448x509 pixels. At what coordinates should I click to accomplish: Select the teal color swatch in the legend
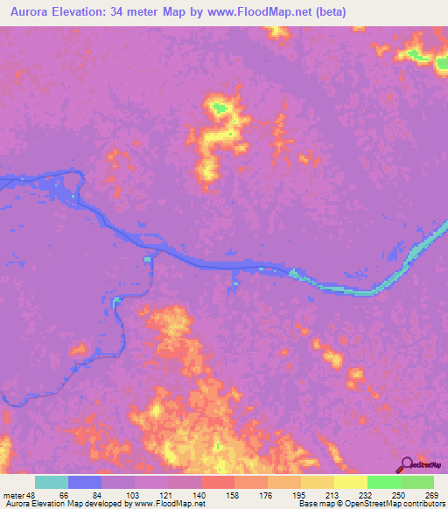(52, 483)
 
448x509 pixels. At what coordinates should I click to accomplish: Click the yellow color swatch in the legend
(350, 483)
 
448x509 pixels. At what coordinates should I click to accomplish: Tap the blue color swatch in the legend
(85, 483)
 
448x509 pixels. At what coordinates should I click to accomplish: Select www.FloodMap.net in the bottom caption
(168, 503)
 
